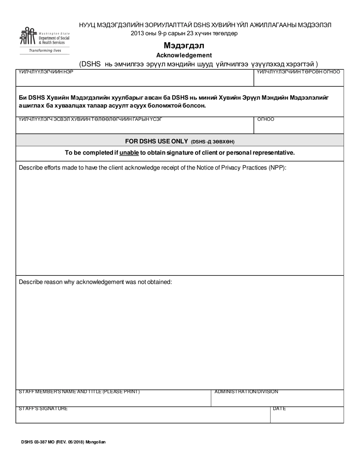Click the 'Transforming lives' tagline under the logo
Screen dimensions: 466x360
click(45, 50)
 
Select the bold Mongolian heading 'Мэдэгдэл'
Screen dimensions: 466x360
click(184, 46)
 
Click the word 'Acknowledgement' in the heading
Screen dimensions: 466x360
click(184, 55)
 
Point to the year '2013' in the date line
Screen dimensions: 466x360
click(137, 33)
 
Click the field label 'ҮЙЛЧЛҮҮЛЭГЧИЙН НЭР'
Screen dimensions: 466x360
click(46, 72)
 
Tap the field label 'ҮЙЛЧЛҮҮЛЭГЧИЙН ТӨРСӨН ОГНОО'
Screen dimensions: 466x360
click(298, 72)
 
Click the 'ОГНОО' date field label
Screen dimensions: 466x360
click(266, 119)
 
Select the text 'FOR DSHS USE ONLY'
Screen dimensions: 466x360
click(157, 141)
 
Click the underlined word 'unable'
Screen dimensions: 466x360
click(129, 153)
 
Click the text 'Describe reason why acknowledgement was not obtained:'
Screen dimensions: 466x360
click(95, 282)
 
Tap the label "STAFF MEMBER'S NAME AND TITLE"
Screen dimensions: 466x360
click(79, 392)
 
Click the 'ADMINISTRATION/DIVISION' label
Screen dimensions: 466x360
click(246, 392)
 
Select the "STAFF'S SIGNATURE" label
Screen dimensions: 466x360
click(43, 409)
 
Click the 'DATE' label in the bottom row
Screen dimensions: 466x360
click(279, 409)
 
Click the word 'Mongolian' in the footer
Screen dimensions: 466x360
click(95, 442)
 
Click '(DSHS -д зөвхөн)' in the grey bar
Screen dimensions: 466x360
click(213, 142)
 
